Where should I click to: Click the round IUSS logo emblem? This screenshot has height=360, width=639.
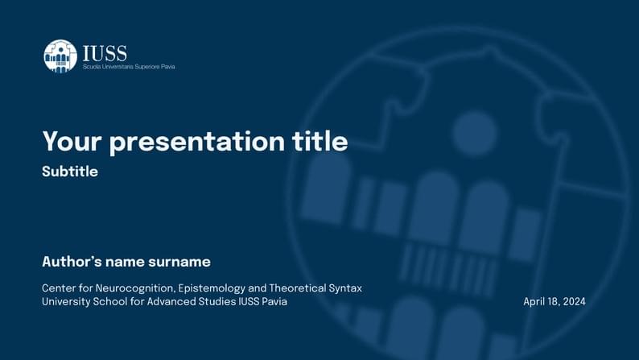60,56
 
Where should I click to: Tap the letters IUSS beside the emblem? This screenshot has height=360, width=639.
105,53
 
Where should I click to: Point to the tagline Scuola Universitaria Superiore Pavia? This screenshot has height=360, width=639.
129,67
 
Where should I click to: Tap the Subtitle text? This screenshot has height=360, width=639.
70,172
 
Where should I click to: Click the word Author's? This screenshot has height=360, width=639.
71,262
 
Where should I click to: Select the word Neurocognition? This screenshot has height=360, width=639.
134,288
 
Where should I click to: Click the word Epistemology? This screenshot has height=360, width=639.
212,288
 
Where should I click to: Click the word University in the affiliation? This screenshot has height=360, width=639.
65,302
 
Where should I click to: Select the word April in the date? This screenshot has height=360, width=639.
534,302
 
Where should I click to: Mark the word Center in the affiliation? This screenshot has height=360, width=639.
59,288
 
